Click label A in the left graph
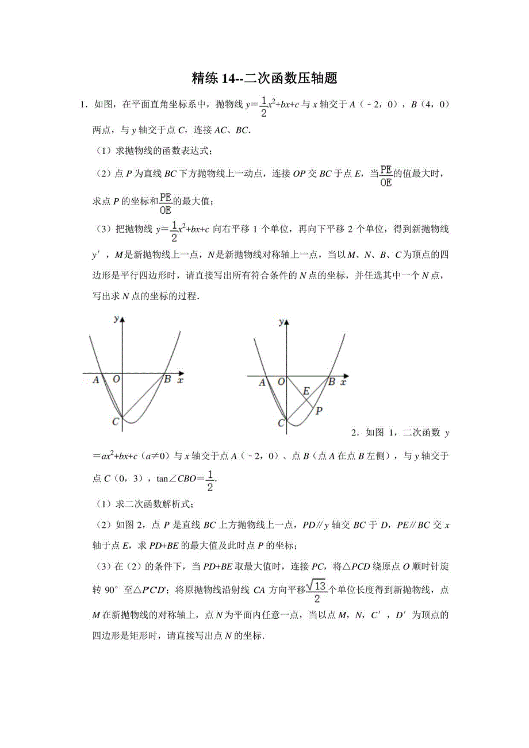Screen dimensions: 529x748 coord(96,380)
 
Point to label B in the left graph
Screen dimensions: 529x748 coord(167,379)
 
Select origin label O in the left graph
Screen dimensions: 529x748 coord(116,380)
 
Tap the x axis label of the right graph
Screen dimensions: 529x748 coord(343,381)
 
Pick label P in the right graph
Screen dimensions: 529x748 coord(319,410)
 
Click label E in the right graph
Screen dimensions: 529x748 coord(306,391)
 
